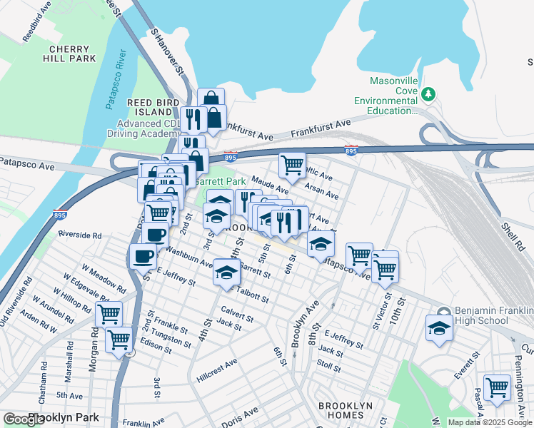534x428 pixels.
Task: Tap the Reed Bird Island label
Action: tap(153, 108)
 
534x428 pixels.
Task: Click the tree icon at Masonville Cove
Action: tap(428, 93)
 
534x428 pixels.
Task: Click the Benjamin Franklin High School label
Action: tap(493, 317)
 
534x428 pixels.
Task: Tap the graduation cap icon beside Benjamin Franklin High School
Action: tap(439, 328)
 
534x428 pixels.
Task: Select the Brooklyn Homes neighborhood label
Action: tap(346, 411)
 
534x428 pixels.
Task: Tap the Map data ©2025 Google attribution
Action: tap(490, 422)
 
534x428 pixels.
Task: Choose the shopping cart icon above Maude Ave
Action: tap(292, 165)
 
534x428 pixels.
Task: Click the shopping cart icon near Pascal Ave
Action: tap(497, 387)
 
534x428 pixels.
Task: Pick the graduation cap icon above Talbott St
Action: tap(227, 272)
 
